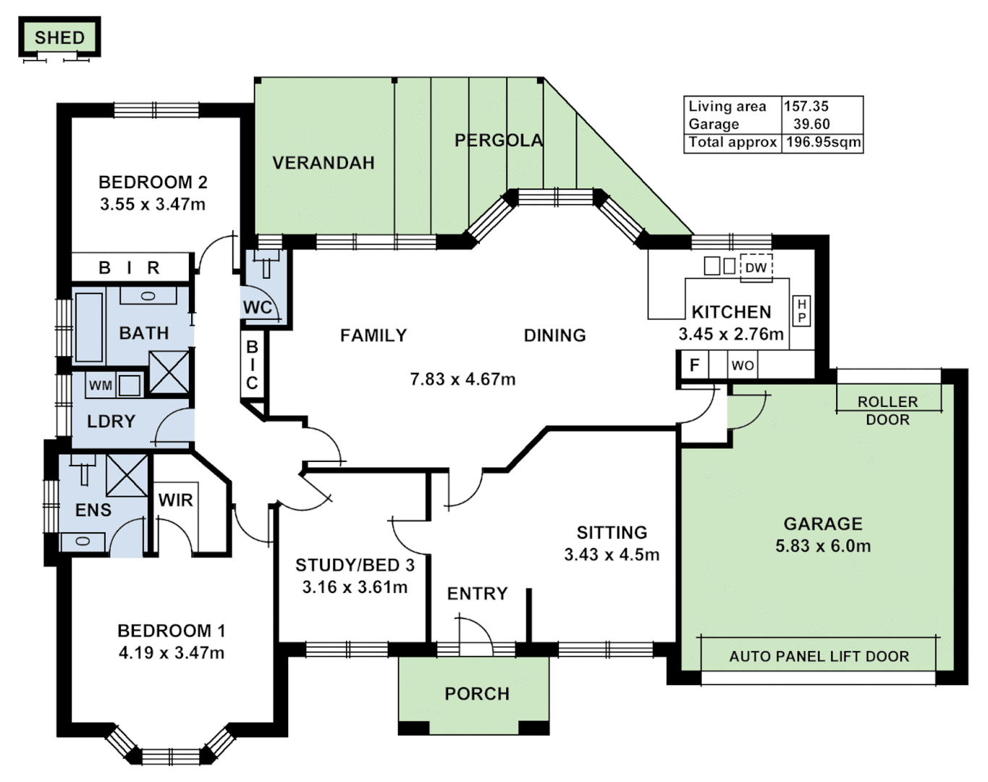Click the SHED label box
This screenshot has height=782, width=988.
point(59,38)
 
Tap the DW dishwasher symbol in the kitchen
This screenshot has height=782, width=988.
point(756,267)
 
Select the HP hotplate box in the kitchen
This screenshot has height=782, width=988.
point(801,311)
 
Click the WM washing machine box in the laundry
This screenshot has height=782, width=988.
point(100,385)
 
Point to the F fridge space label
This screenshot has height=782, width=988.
point(694,365)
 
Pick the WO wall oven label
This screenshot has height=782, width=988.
point(742,365)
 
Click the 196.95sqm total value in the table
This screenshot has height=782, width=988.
point(823,142)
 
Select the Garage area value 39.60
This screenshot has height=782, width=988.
point(811,124)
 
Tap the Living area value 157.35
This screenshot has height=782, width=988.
point(806,106)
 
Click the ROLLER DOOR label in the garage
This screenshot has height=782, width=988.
point(887,411)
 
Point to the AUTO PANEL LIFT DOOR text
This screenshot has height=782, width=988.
point(819,657)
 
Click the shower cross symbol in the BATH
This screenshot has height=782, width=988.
point(169,371)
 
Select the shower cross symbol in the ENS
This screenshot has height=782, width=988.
point(127,475)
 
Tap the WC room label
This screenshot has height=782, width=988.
point(258,307)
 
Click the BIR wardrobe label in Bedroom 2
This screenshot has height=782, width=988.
point(130,268)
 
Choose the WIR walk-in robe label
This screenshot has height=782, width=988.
point(175,500)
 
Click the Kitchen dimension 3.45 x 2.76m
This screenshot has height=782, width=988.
point(730,334)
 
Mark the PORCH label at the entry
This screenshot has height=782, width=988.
point(477,694)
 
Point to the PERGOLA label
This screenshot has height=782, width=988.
point(499,140)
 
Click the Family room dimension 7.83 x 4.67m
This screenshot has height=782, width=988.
point(463,379)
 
